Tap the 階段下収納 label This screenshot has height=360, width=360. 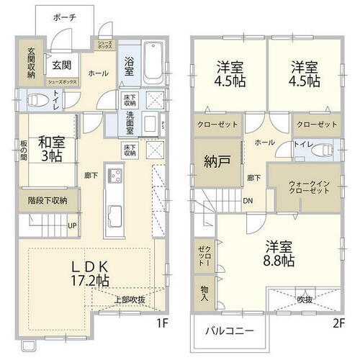point(48,200)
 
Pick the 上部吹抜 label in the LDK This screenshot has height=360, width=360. point(130,300)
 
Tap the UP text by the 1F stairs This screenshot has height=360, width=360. point(71,225)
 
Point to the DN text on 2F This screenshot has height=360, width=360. point(247,201)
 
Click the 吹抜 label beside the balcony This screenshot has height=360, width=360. point(305,299)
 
